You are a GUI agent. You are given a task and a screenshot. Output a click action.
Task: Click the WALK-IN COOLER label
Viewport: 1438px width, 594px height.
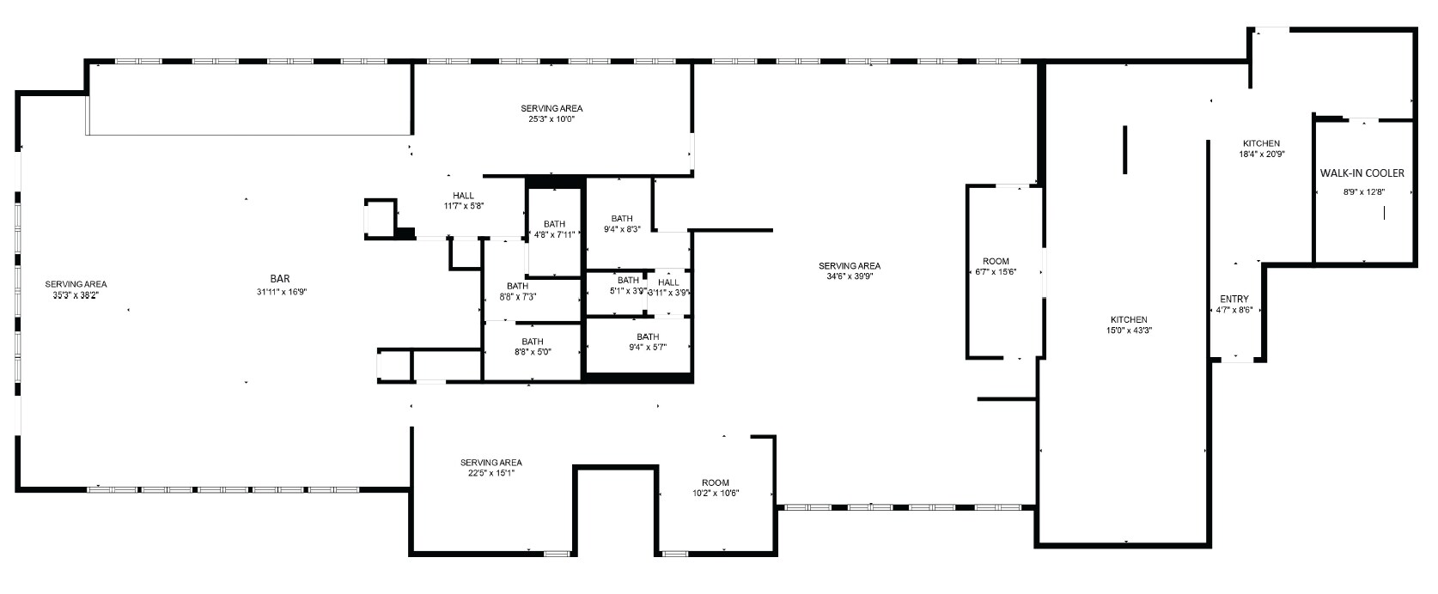[x=1362, y=173]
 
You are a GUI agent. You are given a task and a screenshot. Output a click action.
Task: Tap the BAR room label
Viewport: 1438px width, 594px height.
[x=280, y=279]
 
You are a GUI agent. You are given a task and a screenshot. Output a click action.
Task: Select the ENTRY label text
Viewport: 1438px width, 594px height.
[x=1234, y=299]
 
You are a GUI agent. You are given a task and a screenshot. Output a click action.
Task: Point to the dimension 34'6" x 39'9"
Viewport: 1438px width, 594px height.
[x=850, y=276]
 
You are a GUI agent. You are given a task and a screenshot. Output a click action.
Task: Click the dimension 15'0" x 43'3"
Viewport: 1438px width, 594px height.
[x=1129, y=330]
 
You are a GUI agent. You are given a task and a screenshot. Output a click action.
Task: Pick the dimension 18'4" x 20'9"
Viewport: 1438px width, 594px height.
[x=1261, y=154]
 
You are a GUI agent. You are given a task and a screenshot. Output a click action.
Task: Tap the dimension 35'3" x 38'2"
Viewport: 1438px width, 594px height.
[x=76, y=295]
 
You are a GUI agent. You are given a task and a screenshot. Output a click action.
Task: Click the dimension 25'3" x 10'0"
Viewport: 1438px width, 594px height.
[x=551, y=118]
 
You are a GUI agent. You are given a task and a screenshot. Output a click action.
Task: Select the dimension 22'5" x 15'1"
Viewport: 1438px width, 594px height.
[x=491, y=474]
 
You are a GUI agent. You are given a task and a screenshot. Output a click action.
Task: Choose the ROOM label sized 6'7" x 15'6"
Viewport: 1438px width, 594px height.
[x=996, y=261]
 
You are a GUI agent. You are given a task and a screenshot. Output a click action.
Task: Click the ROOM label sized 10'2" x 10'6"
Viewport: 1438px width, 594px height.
[x=716, y=483]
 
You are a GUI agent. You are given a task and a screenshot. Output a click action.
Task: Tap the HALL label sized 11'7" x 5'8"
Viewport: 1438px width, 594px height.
[x=464, y=196]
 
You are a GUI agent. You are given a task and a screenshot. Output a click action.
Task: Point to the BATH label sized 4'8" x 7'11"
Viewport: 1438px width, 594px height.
[x=555, y=224]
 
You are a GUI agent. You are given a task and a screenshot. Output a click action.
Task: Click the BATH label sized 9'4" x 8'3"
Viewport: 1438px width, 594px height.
[x=622, y=219]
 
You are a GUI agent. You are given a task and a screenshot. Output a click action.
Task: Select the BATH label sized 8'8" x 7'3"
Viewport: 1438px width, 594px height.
[x=517, y=286]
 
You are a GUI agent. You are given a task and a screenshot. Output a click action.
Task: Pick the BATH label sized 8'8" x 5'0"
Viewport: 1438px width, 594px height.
[x=533, y=342]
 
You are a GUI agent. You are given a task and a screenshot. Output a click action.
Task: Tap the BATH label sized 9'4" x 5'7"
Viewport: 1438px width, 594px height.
[x=648, y=336]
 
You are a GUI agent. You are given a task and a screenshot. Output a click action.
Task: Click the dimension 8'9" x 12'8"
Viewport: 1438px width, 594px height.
[x=1363, y=191]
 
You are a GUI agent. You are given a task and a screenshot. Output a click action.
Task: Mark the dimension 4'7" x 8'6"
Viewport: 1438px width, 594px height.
[x=1234, y=310]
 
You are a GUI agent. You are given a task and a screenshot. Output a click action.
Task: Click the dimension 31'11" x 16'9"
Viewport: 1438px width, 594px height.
[x=282, y=292]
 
